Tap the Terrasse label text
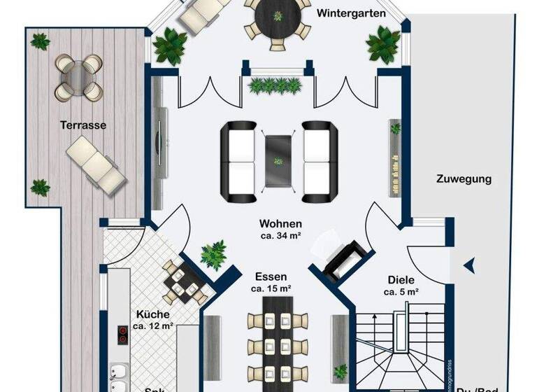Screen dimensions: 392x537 (83, 125)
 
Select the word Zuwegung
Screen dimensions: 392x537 (464, 178)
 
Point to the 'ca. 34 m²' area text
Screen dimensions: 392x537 (280, 236)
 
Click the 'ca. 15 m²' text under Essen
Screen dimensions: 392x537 (271, 288)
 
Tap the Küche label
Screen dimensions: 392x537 (153, 314)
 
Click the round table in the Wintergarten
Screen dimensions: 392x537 (278, 15)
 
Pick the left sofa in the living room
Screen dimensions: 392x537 (238, 160)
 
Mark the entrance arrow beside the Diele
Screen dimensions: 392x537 (469, 265)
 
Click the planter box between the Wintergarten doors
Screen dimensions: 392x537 (278, 85)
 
